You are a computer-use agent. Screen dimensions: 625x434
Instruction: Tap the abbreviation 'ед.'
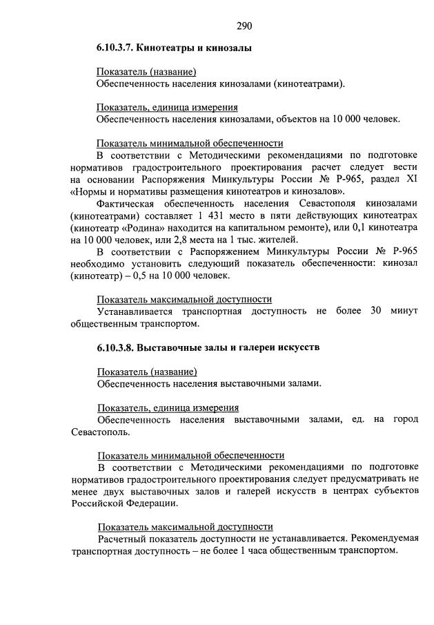tap(357, 419)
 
